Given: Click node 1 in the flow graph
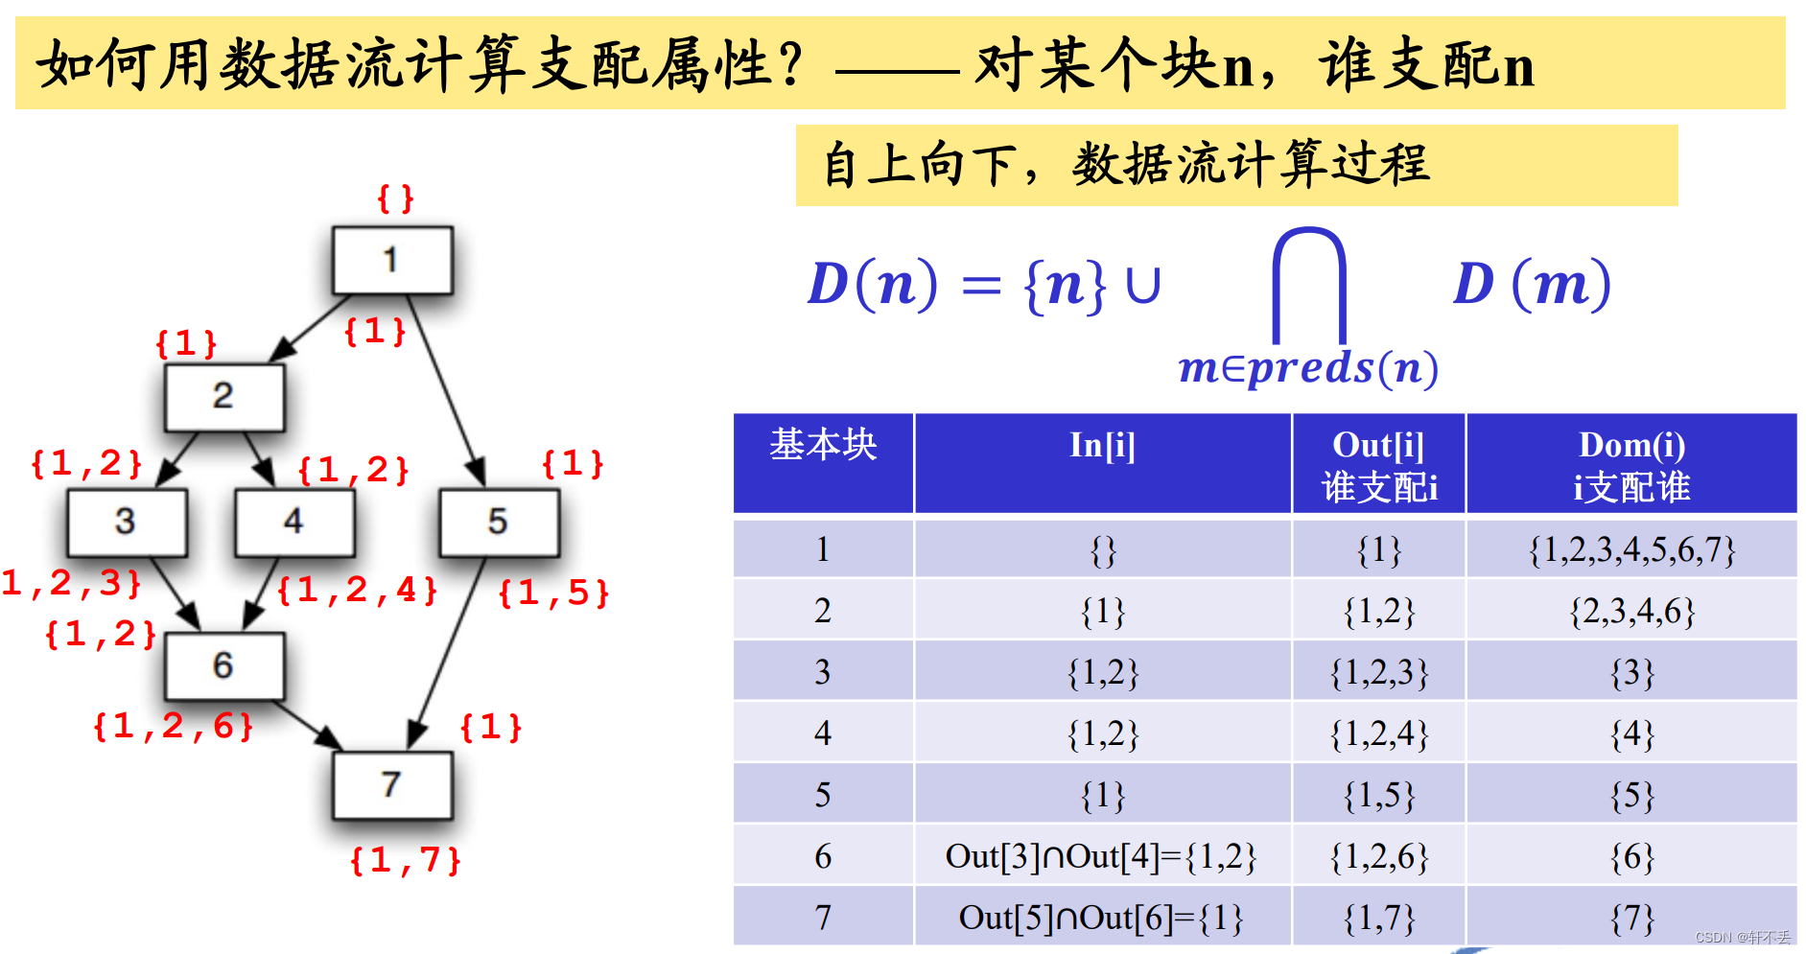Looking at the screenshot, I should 392,260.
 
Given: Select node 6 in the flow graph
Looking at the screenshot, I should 224,664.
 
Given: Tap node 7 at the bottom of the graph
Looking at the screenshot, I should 392,784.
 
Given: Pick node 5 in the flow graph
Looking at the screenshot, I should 499,522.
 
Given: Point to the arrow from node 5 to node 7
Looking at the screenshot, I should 446,653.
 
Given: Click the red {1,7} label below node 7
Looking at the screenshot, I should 405,860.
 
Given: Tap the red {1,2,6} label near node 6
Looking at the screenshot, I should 174,726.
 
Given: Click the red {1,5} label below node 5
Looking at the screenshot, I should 553,593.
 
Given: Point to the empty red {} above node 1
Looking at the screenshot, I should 395,198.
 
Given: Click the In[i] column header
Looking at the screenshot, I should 1102,446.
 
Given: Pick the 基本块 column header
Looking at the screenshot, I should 823,445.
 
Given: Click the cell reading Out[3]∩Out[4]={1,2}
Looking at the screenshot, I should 1101,856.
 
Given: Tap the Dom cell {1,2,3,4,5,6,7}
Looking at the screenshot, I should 1631,550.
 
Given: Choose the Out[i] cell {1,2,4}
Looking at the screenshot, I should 1378,733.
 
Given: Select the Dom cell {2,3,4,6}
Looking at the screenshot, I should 1631,611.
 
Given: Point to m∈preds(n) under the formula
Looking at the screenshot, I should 1308,368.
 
